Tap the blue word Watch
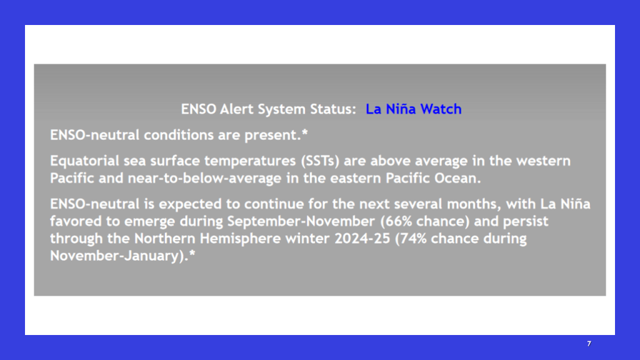pyautogui.click(x=441, y=109)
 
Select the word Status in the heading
pyautogui.click(x=333, y=109)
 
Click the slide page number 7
pyautogui.click(x=589, y=344)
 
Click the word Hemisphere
pyautogui.click(x=240, y=238)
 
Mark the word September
pyautogui.click(x=264, y=221)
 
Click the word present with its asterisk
pyautogui.click(x=276, y=135)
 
